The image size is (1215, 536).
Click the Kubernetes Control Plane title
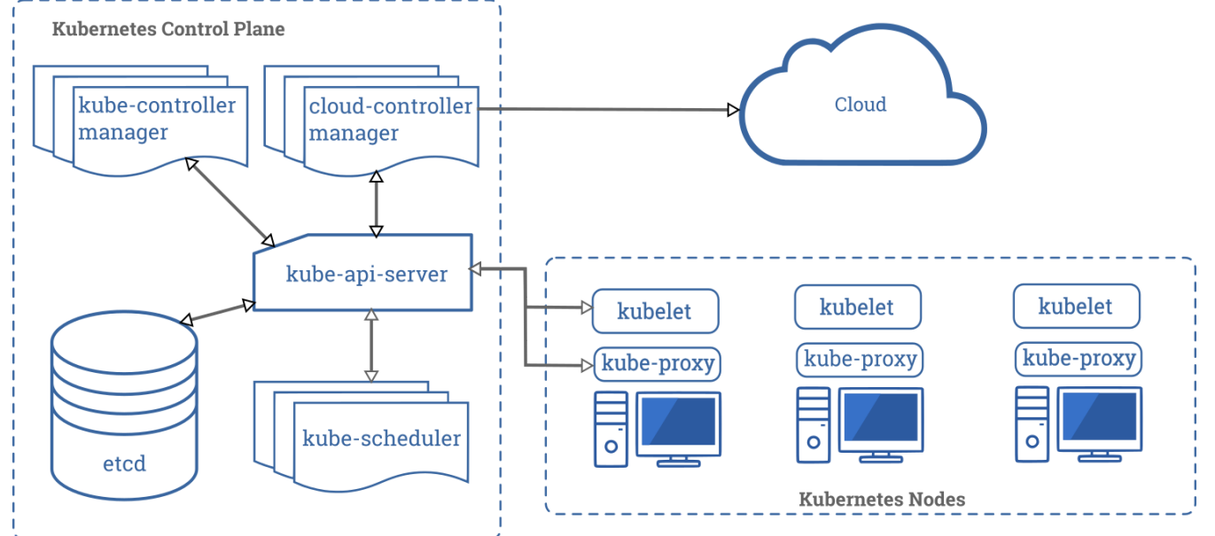168,28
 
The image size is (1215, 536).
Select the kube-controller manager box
141,120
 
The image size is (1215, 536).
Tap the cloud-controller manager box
371,120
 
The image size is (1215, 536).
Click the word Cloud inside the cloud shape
861,105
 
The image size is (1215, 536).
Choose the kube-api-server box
362,272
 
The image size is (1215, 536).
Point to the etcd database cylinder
124,405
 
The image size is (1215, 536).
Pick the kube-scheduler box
362,437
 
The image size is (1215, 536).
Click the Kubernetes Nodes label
882,499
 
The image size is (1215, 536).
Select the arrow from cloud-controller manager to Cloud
609,109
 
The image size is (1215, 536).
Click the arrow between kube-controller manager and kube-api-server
230,202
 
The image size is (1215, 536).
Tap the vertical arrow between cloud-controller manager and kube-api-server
377,204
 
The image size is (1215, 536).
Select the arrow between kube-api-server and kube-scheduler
371,345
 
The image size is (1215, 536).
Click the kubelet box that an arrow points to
655,311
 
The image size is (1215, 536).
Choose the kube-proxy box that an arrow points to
658,363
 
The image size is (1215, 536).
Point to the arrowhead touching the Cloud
733,110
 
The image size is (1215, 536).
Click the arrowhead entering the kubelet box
587,307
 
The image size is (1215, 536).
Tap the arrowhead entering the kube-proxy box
587,366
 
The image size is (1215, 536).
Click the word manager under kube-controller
123,132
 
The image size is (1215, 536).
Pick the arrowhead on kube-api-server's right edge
475,268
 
